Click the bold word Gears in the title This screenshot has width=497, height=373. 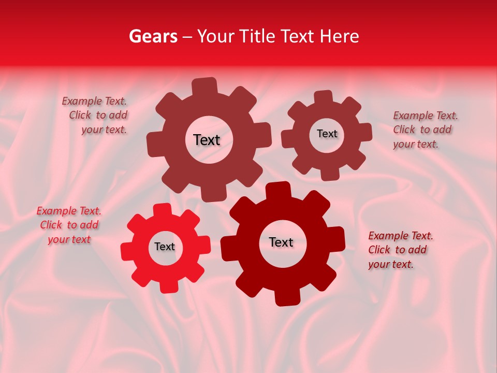[153, 36]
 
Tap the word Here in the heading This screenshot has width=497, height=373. [340, 36]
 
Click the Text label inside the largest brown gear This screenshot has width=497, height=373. [207, 140]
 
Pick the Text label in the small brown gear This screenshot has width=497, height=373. [327, 134]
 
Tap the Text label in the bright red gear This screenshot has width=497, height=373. [165, 247]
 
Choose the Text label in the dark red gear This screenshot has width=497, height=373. [281, 242]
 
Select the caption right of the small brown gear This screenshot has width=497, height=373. [425, 130]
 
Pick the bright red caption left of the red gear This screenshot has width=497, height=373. [69, 225]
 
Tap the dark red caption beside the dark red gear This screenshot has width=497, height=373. [400, 250]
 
